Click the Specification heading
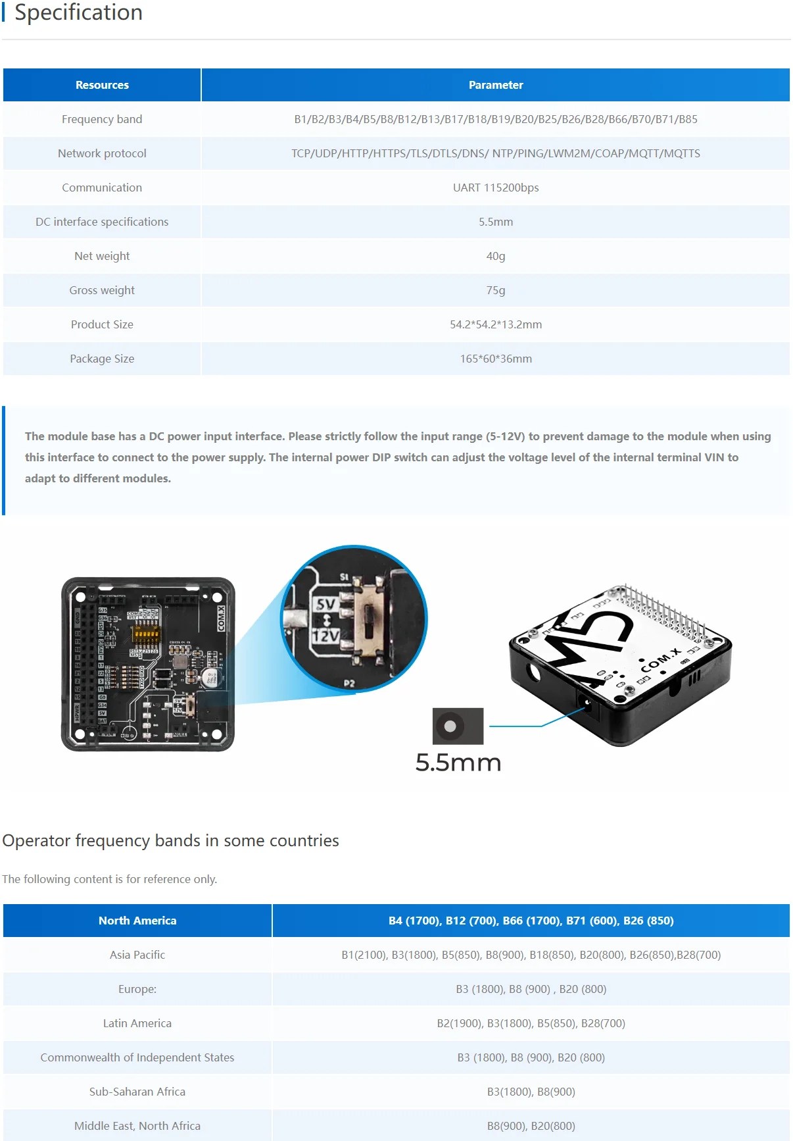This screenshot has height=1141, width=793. tap(78, 13)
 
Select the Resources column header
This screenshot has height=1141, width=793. tap(102, 85)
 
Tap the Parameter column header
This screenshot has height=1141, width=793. tap(495, 85)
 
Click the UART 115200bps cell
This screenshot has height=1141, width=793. tap(495, 188)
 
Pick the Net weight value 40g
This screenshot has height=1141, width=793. tap(495, 256)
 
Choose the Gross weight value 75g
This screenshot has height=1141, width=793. tap(495, 290)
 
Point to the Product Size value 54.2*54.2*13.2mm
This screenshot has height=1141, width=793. tap(495, 324)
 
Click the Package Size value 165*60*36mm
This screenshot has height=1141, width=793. tap(495, 359)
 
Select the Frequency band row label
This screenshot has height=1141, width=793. tap(102, 119)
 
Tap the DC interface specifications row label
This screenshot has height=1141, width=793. tap(102, 222)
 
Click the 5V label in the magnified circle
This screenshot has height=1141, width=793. tap(325, 604)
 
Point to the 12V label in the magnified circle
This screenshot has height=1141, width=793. tap(325, 636)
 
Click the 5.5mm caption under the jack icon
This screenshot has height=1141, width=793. tap(458, 763)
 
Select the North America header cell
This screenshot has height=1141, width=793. tap(137, 921)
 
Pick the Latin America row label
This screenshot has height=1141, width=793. tap(137, 1023)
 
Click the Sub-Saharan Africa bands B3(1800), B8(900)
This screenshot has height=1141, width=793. tap(531, 1092)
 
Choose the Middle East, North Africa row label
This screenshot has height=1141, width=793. tap(137, 1126)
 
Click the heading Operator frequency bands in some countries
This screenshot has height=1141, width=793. tap(171, 841)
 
